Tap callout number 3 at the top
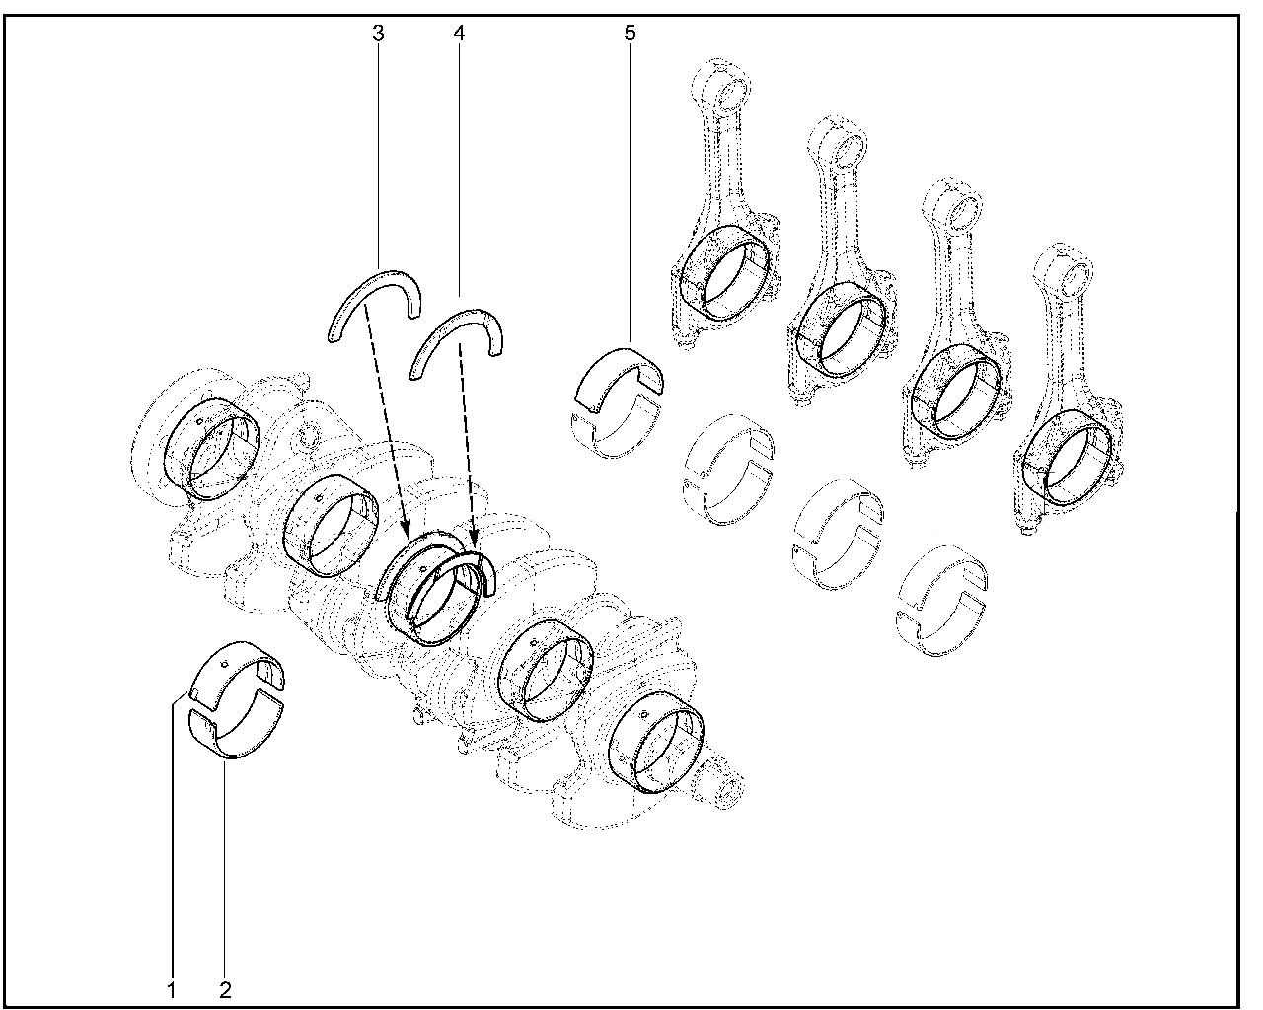[x=378, y=34]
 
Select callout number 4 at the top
[x=459, y=34]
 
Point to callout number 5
[x=630, y=34]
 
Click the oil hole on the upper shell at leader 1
[x=224, y=665]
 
